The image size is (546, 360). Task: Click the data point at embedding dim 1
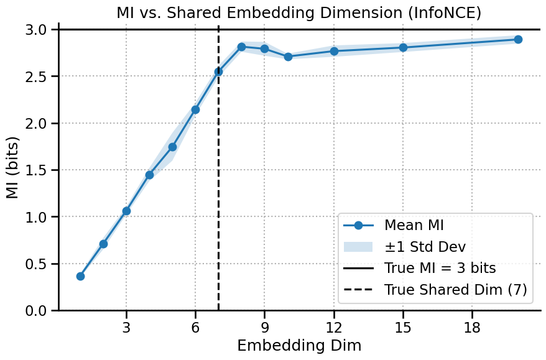click(80, 276)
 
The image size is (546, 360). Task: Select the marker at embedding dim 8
click(241, 47)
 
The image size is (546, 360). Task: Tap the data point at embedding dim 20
click(518, 39)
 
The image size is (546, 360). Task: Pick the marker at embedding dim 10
click(288, 57)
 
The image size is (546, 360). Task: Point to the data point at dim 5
click(172, 147)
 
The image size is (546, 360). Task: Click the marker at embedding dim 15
click(403, 47)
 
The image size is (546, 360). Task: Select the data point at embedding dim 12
click(334, 51)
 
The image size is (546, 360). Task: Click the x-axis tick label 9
click(264, 328)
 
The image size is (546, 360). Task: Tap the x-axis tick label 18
click(472, 328)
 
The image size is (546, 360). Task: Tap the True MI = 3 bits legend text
click(440, 269)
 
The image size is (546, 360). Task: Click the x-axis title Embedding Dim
click(299, 345)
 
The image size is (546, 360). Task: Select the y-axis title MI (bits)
click(13, 170)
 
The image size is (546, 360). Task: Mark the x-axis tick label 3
click(126, 328)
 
